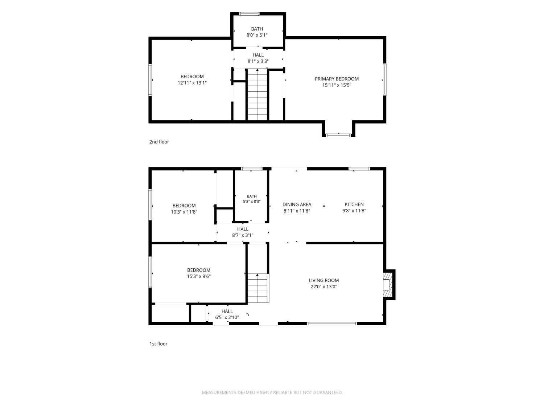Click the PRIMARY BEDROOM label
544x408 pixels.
337,79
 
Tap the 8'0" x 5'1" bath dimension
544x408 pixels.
257,35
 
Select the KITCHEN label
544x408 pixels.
354,205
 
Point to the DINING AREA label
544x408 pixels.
297,205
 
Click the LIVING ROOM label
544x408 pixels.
323,280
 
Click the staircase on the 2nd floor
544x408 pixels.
257,94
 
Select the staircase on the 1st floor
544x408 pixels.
258,288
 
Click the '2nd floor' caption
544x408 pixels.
159,142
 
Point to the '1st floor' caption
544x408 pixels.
158,343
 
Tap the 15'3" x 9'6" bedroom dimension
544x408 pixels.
199,276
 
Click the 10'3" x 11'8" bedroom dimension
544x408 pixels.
184,212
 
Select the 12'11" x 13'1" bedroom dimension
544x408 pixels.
192,83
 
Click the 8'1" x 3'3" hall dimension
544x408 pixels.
258,61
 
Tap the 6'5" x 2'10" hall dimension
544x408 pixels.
227,317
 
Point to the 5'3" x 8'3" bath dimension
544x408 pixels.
252,201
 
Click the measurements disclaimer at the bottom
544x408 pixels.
272,392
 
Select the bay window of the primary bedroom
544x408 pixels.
338,135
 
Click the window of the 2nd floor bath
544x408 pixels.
249,14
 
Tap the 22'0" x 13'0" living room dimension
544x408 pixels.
323,287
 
